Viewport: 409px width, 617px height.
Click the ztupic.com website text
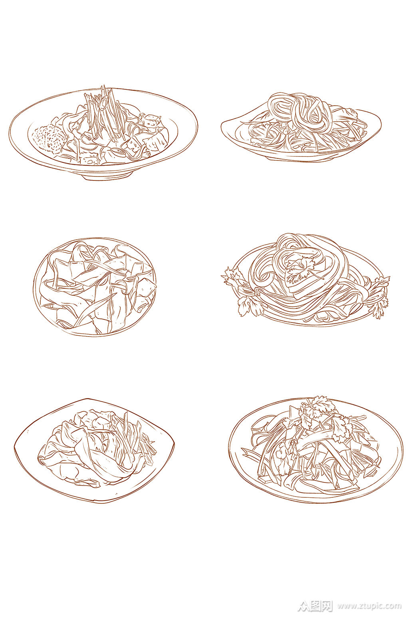point(369,606)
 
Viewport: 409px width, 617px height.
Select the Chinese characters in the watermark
point(320,606)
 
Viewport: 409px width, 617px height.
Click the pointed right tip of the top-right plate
point(379,120)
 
